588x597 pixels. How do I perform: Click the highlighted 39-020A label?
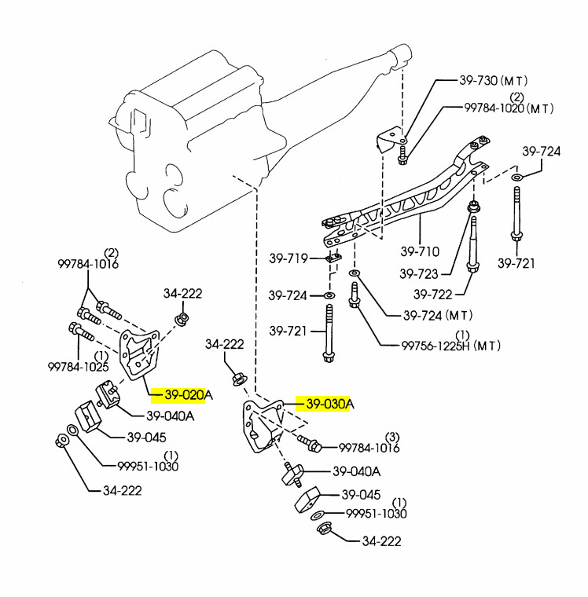182,394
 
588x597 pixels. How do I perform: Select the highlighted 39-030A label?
325,404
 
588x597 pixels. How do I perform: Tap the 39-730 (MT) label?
493,81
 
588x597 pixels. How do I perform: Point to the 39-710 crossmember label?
420,252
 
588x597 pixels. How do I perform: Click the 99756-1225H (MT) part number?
450,345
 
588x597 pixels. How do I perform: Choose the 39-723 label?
419,274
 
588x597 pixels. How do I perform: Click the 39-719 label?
288,257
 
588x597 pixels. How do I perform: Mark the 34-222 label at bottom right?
380,541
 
